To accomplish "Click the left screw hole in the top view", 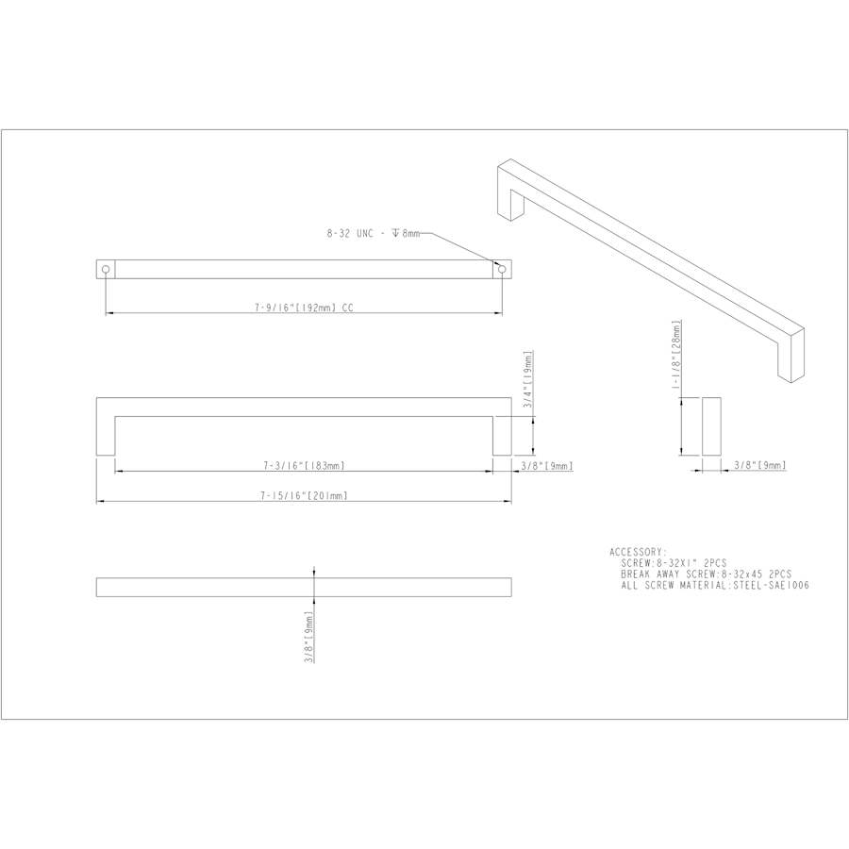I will (106, 270).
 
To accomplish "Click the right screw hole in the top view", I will (502, 270).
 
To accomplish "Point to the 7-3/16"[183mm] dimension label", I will (303, 465).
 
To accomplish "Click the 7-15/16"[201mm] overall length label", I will (304, 495).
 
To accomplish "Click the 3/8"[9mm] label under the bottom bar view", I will (308, 637).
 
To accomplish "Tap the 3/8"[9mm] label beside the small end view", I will (759, 465).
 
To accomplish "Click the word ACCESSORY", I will (638, 552).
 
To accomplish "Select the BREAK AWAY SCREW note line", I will (706, 574).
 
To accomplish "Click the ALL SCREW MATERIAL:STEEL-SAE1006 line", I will (715, 586).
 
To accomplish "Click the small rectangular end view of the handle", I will (711, 426).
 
